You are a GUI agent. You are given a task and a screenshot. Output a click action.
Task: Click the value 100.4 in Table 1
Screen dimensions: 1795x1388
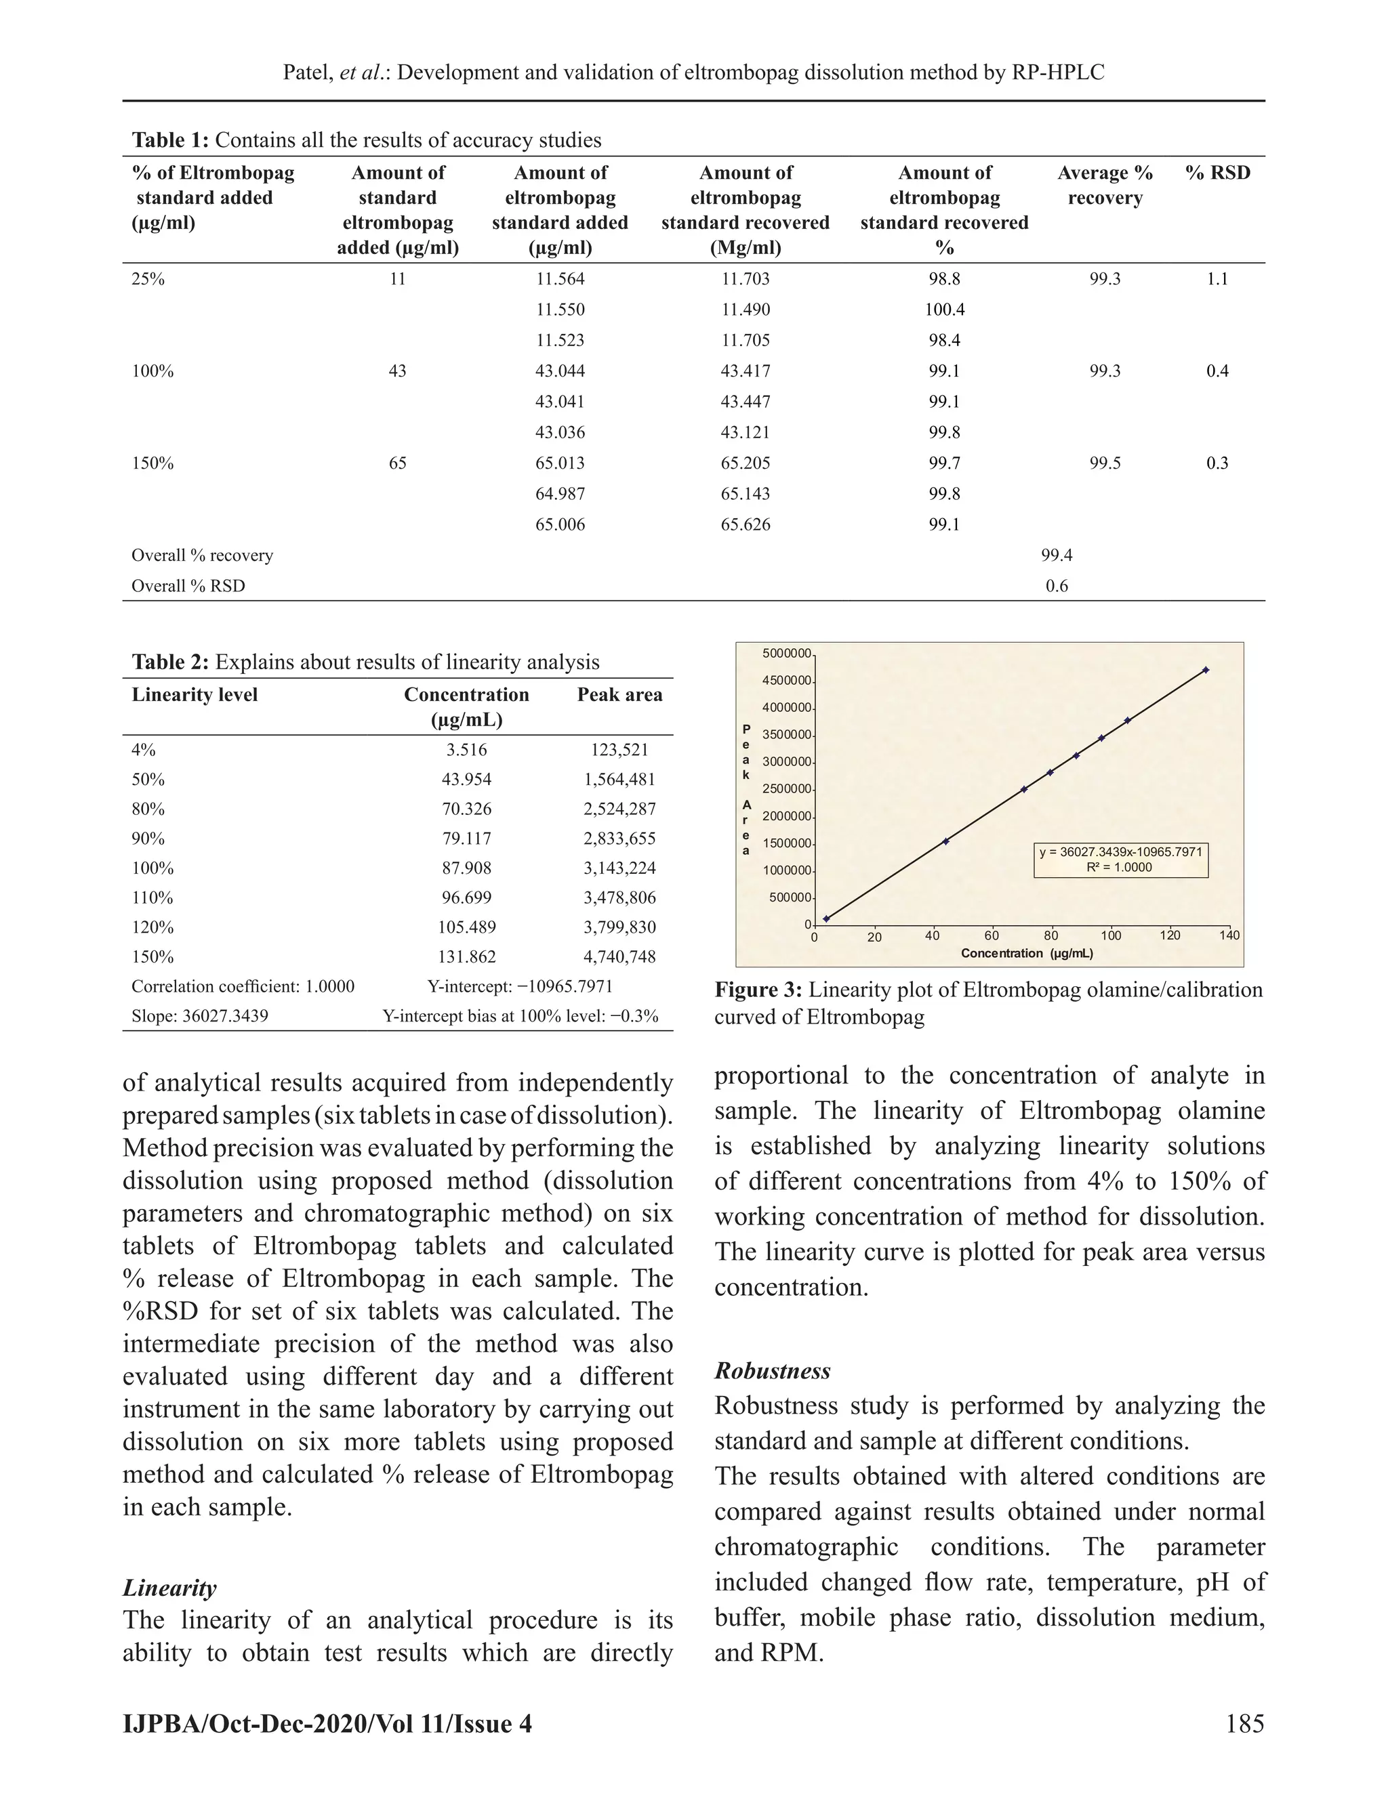(x=944, y=310)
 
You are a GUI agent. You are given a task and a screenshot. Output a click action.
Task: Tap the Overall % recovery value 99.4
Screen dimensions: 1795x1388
(x=1057, y=555)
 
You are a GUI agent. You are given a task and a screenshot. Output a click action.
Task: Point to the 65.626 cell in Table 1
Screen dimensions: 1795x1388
(x=745, y=524)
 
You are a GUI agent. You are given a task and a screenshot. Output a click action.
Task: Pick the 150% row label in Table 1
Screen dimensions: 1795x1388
(x=153, y=463)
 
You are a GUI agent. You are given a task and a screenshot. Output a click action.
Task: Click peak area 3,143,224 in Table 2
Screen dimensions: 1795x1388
(x=619, y=868)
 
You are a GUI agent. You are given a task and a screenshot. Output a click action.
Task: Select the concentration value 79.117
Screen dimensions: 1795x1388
(x=466, y=839)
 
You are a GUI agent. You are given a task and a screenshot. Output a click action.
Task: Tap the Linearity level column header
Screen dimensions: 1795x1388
(x=195, y=694)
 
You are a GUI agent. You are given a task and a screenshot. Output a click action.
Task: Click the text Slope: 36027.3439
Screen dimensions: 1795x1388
(x=200, y=1016)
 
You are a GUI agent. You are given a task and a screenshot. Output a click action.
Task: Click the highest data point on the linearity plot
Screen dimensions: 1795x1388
(x=1206, y=670)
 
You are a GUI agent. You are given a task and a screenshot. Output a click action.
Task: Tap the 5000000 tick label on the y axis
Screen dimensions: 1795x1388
(x=786, y=654)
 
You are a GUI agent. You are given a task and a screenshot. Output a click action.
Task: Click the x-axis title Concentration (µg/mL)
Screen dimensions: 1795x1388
(x=1026, y=954)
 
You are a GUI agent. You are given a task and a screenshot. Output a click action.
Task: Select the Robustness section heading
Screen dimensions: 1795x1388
(x=772, y=1371)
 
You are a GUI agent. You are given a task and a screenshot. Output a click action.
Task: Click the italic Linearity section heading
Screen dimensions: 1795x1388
(x=169, y=1588)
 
